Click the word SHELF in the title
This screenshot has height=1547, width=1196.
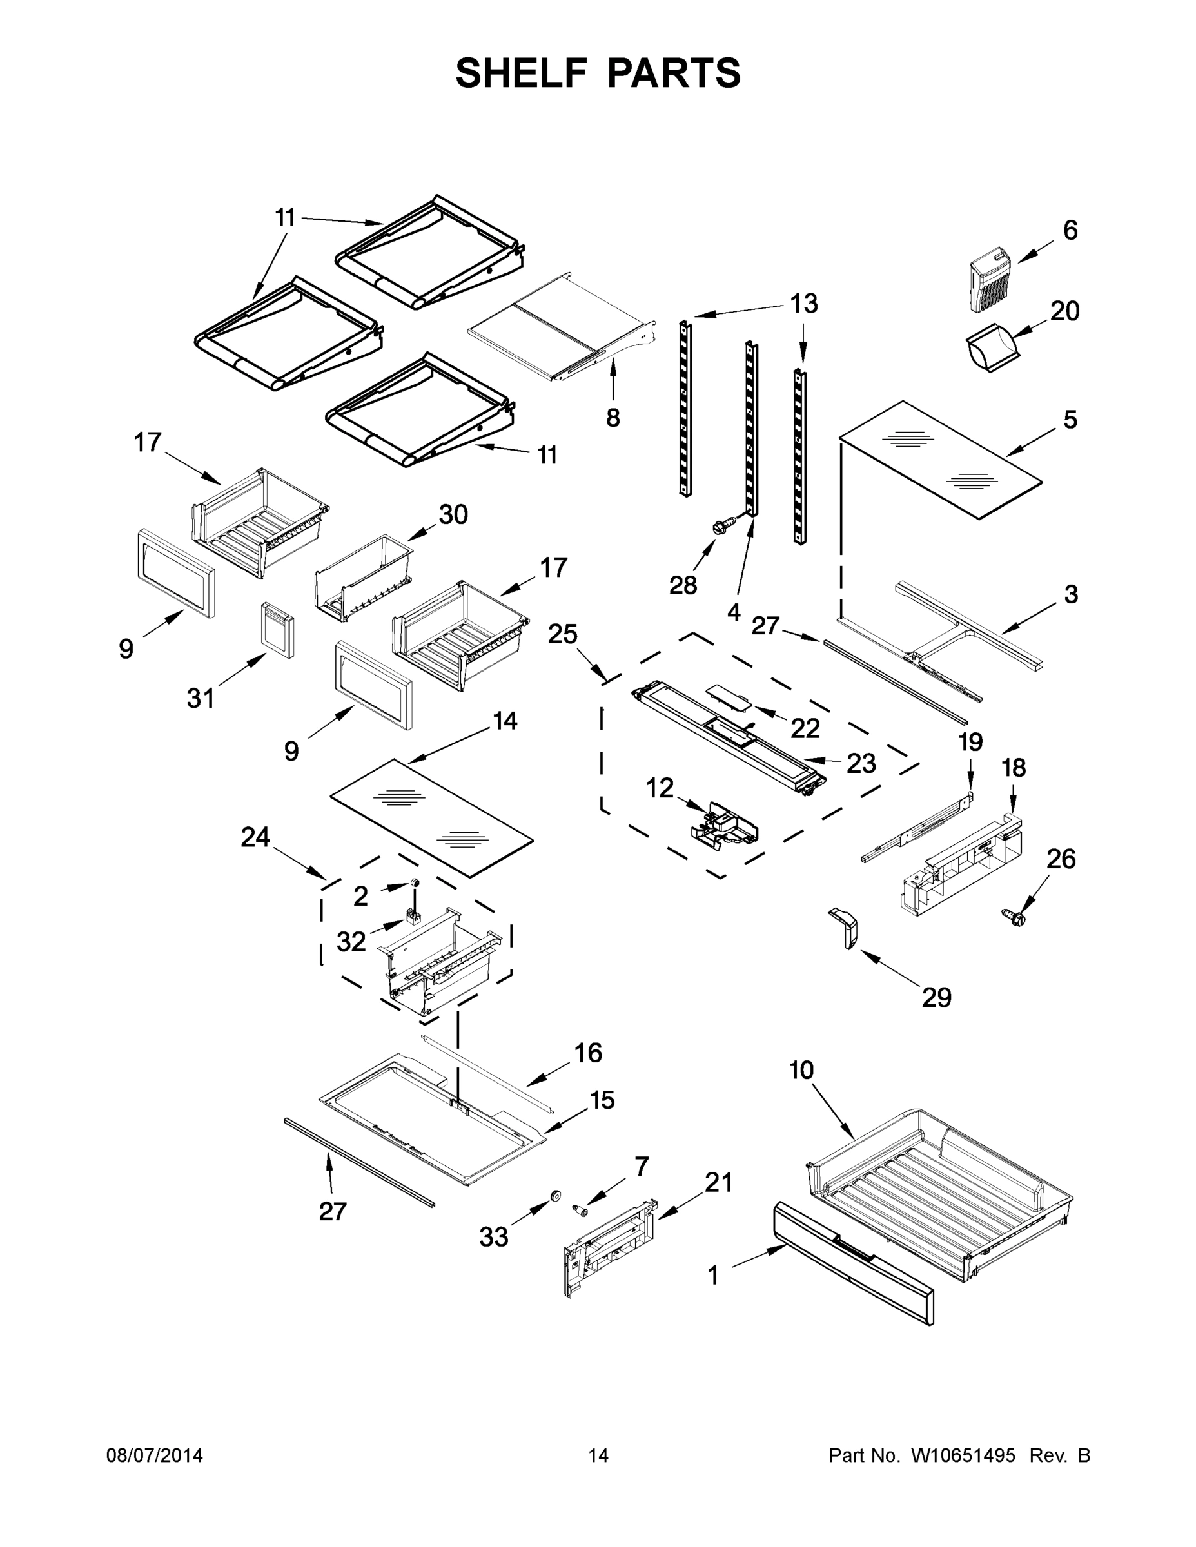tap(521, 73)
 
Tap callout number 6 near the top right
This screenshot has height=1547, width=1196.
tap(1070, 230)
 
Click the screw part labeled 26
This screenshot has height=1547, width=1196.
tap(1015, 919)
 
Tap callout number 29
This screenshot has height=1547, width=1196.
tap(936, 998)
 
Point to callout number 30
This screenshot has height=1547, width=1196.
tap(453, 514)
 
